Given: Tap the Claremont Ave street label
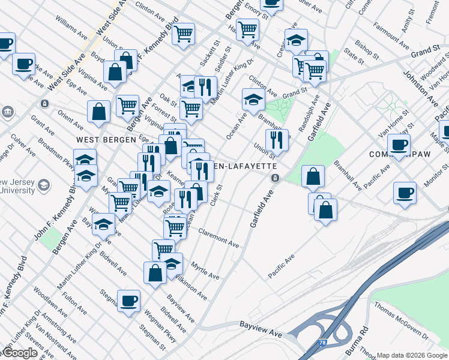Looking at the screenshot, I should (x=218, y=239).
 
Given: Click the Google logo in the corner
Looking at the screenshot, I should (x=20, y=353).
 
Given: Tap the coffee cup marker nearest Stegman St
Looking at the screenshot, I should (x=128, y=301).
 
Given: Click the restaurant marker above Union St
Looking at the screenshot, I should (x=277, y=140).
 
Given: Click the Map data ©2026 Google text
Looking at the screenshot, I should (x=412, y=355).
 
